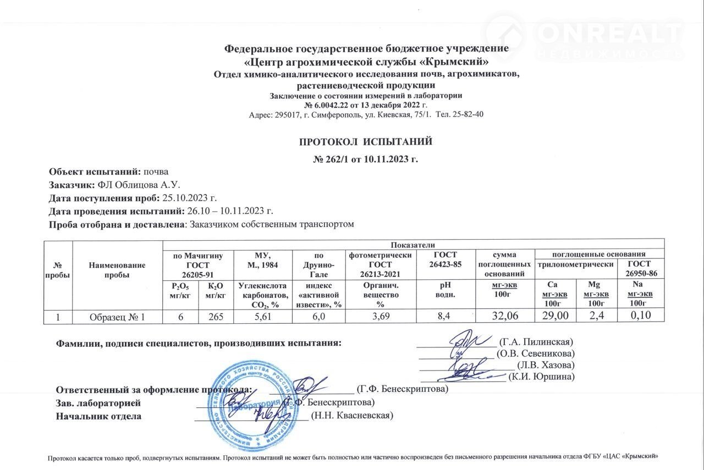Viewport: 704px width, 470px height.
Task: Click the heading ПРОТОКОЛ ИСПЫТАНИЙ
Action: (x=365, y=142)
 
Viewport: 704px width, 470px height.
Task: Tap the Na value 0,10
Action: (x=637, y=316)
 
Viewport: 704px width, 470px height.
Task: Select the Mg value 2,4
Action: (x=593, y=316)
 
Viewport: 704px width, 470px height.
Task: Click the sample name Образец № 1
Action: (x=118, y=316)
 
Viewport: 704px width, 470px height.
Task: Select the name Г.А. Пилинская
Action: (x=536, y=341)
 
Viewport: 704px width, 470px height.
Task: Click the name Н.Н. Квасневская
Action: (x=352, y=416)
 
